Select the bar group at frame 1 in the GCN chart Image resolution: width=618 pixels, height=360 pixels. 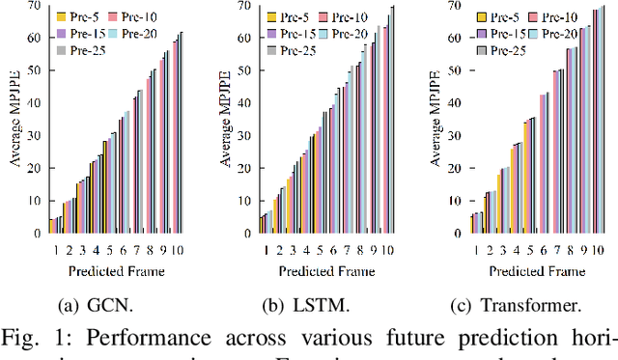pyautogui.click(x=56, y=225)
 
